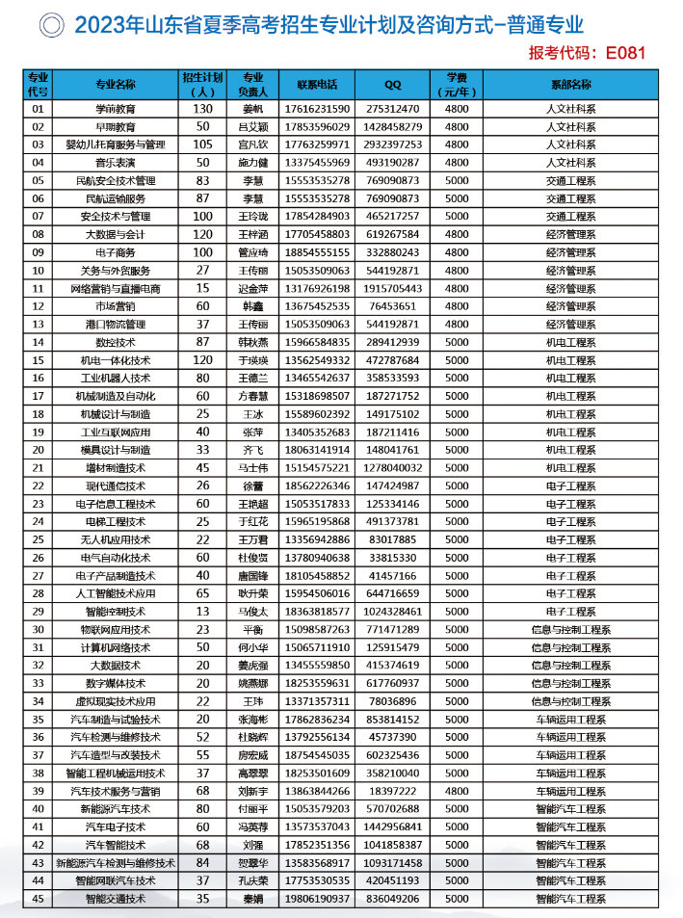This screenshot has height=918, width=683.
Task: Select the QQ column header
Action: [x=392, y=84]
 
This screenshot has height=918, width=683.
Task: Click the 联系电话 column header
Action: [x=317, y=84]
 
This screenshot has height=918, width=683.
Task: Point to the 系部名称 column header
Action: [x=571, y=84]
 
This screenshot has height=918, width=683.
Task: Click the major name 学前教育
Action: [x=116, y=110]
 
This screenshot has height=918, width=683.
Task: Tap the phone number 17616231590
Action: [x=317, y=110]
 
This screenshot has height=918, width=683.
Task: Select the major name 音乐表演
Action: [x=116, y=162]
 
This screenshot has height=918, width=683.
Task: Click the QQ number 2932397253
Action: [x=393, y=144]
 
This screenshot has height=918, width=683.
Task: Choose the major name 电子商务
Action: [x=116, y=252]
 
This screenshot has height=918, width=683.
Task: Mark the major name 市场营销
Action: [x=116, y=306]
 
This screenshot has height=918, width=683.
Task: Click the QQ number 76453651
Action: [x=393, y=306]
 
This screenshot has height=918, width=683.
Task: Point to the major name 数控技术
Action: [x=116, y=342]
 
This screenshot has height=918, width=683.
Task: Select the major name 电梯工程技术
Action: [x=116, y=521]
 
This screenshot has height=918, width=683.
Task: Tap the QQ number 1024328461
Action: [x=393, y=611]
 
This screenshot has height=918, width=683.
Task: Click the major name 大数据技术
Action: [x=116, y=665]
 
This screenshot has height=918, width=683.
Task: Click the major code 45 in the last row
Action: [x=39, y=899]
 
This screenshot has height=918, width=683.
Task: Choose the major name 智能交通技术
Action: [x=116, y=899]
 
